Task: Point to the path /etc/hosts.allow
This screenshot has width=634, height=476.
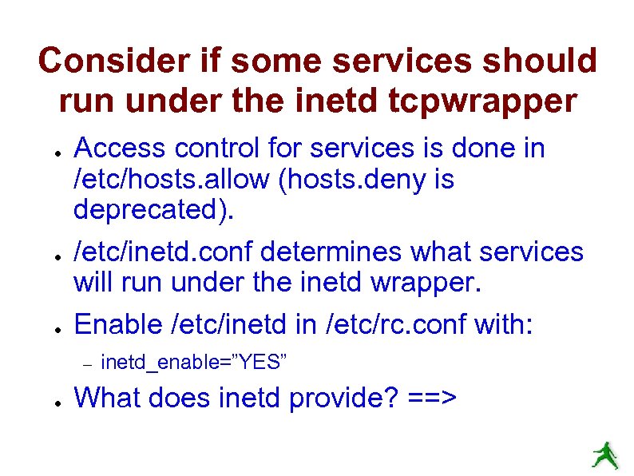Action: pyautogui.click(x=172, y=180)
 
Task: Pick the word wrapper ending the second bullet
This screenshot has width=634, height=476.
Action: pyautogui.click(x=438, y=283)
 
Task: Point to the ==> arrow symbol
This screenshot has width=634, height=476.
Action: pyautogui.click(x=432, y=397)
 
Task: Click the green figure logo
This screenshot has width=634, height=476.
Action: pyautogui.click(x=604, y=455)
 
